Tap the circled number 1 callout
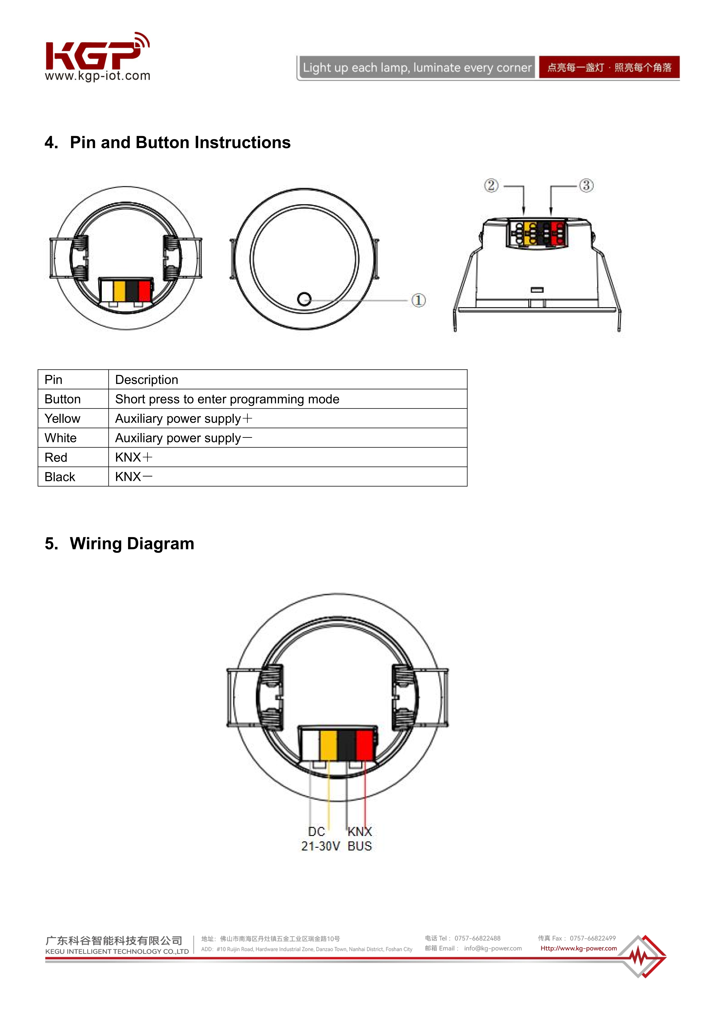click(x=418, y=300)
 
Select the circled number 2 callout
click(x=491, y=185)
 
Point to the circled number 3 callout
click(x=586, y=185)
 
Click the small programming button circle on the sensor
click(x=304, y=299)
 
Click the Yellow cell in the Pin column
click(x=63, y=418)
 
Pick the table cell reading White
click(x=61, y=438)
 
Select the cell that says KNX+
click(x=134, y=457)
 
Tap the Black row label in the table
click(x=60, y=477)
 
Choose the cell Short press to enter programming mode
click(x=227, y=399)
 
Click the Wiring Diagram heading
click(x=132, y=544)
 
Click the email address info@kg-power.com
click(x=493, y=948)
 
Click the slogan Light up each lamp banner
click(x=417, y=67)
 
